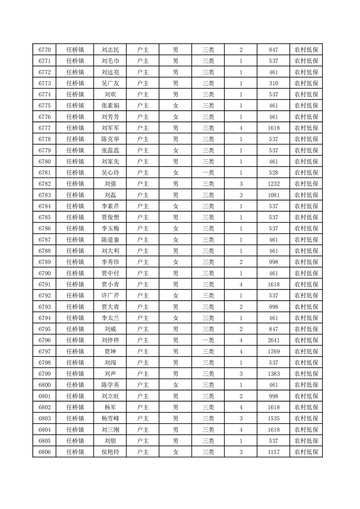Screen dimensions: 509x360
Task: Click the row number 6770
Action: (44, 50)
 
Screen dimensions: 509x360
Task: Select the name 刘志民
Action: (110, 50)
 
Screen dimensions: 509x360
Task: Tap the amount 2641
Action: (273, 340)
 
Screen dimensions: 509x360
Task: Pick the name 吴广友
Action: (110, 83)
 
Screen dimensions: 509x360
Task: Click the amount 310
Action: (273, 83)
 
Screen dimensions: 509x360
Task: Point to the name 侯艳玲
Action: (110, 452)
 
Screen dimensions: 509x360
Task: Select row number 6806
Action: (44, 452)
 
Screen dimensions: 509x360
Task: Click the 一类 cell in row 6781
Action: (208, 173)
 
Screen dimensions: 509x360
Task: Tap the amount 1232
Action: (273, 184)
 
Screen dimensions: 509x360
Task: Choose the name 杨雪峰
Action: (110, 418)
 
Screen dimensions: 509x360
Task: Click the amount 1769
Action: (273, 351)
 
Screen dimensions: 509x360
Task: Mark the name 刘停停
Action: (110, 340)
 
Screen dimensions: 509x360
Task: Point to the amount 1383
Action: (273, 374)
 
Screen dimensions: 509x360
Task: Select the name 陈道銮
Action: (110, 240)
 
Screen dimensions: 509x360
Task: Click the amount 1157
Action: (273, 452)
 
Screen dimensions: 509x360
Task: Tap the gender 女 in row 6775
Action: (176, 106)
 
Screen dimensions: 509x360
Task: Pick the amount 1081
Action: (273, 195)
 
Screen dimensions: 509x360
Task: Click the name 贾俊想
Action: (110, 217)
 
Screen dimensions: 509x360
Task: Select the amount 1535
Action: (273, 418)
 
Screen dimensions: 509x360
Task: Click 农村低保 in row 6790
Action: (306, 273)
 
